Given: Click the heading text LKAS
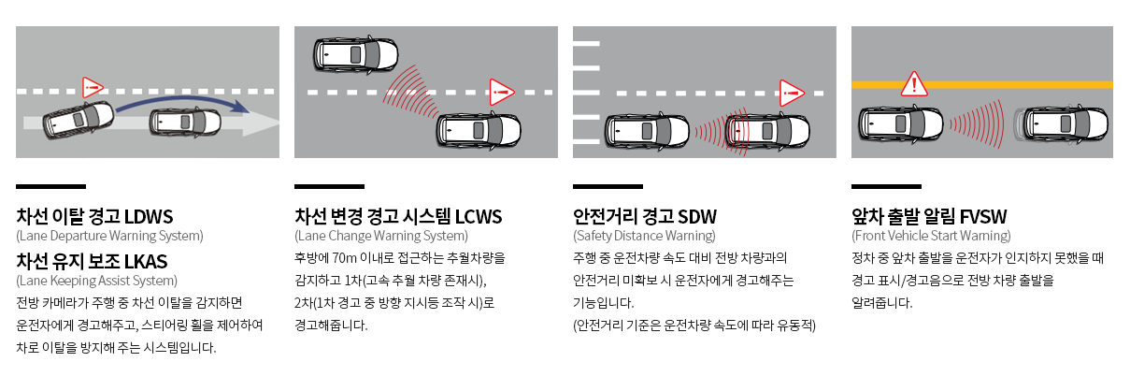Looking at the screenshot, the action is (x=147, y=260).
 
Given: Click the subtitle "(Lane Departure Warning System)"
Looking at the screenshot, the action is (x=109, y=236).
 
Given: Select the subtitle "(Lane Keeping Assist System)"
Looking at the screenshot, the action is (x=96, y=280).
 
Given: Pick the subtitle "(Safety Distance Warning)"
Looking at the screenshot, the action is (x=644, y=236).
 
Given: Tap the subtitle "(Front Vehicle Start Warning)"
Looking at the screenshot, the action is (x=931, y=236).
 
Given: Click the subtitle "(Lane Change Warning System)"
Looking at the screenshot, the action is (x=380, y=236).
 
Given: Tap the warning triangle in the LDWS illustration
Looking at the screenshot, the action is (x=93, y=88).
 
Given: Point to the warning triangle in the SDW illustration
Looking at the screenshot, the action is (x=792, y=91).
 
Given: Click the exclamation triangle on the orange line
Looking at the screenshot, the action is (x=913, y=85).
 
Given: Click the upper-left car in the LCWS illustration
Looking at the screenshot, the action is (x=356, y=54).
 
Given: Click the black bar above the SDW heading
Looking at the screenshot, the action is (x=608, y=186).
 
